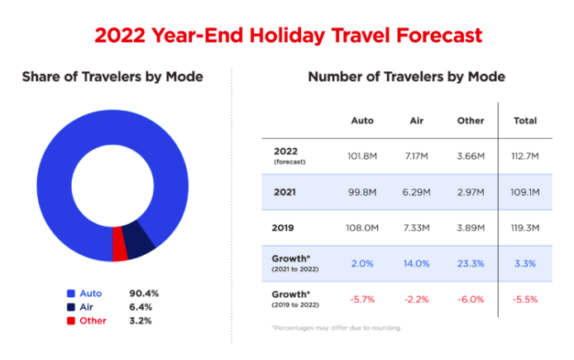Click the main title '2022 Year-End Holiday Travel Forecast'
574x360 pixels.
[288, 36]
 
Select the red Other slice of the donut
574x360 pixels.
[121, 248]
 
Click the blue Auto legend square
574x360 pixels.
[71, 294]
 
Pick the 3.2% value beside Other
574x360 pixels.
[141, 320]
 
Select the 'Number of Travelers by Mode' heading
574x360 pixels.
[406, 77]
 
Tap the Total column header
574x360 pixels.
[525, 121]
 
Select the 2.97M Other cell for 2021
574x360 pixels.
[471, 191]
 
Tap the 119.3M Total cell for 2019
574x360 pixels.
[525, 227]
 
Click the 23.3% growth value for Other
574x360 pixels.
[471, 262]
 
